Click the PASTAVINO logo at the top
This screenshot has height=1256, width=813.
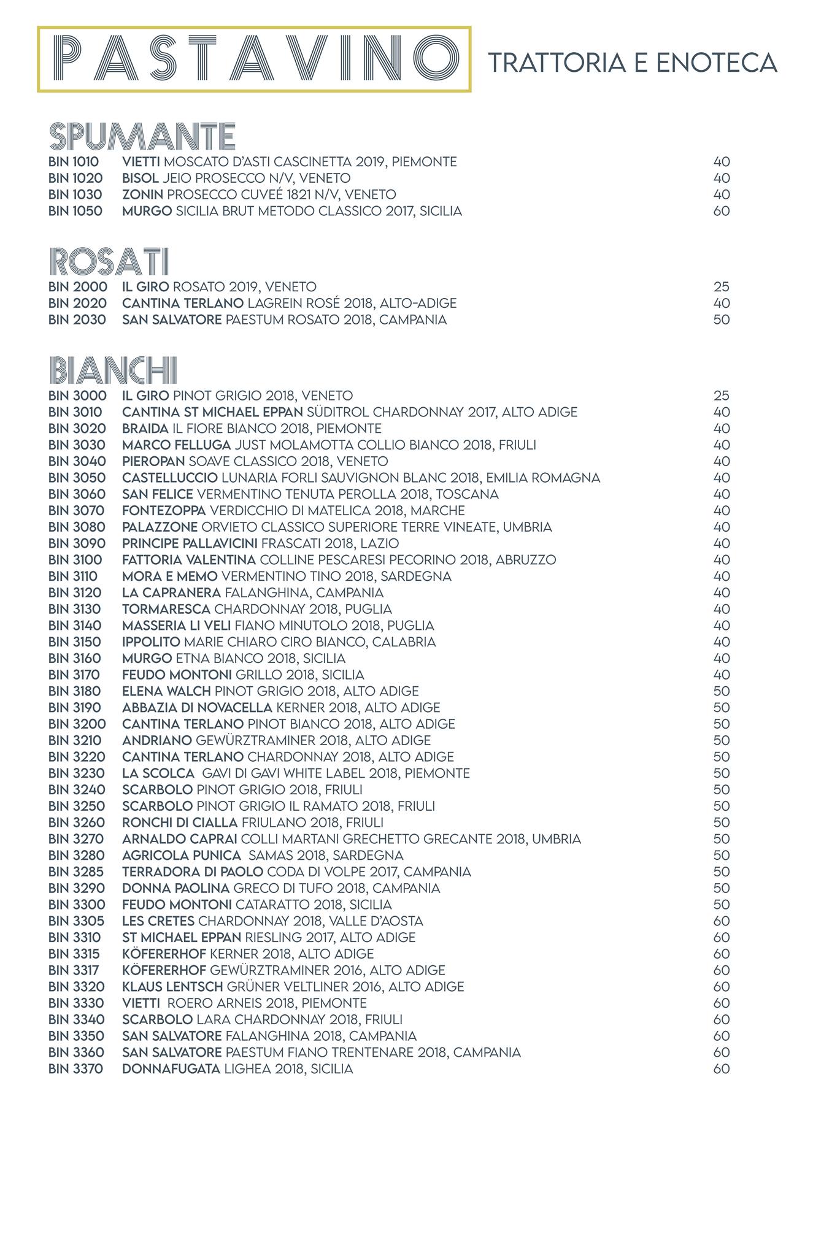click(x=254, y=59)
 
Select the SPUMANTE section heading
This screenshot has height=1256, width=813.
click(x=142, y=136)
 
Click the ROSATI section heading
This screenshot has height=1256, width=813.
click(x=108, y=261)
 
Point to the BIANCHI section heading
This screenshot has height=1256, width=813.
click(x=113, y=370)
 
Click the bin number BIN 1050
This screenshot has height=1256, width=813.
click(x=75, y=211)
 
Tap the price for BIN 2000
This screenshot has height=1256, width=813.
click(x=722, y=286)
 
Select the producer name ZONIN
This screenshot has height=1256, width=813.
click(x=142, y=194)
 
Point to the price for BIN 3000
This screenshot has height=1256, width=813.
click(x=722, y=396)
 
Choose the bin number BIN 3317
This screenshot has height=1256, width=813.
click(x=74, y=970)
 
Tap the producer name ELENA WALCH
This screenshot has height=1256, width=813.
click(x=166, y=691)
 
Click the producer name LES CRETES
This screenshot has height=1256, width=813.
click(x=158, y=921)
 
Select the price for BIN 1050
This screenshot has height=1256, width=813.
click(x=722, y=211)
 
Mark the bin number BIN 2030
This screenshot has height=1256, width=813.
click(x=77, y=320)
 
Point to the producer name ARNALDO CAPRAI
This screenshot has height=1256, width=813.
click(x=180, y=839)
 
